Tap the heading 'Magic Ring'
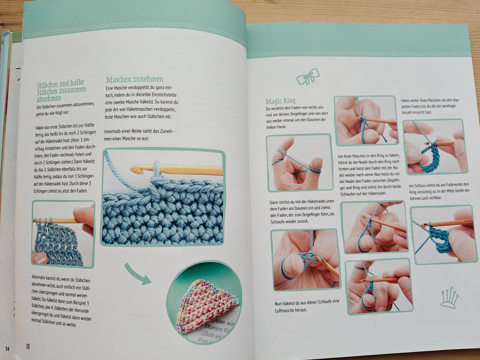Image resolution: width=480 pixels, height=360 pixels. click(281, 101)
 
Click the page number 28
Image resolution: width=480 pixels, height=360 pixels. click(28, 346)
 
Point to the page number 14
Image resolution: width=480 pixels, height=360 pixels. click(7, 349)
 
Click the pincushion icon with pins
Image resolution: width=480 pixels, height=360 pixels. click(450, 297)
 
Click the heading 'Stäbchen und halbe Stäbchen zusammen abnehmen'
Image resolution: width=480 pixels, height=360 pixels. click(61, 91)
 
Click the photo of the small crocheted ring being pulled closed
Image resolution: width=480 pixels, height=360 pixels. click(444, 235)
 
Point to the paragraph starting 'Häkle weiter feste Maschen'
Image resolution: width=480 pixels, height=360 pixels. click(430, 106)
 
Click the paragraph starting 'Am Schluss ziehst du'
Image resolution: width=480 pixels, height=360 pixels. click(439, 191)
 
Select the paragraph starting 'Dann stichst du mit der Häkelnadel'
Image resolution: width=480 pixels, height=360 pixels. click(302, 211)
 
